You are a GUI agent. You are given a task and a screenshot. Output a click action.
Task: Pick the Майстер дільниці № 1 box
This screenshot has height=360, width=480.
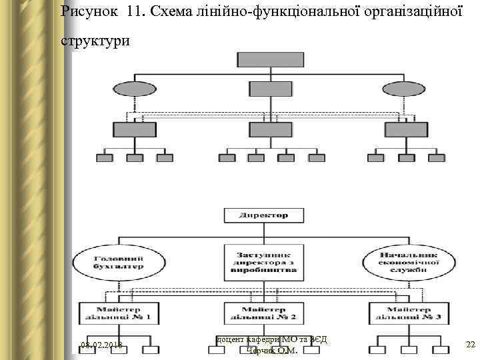click(118, 313)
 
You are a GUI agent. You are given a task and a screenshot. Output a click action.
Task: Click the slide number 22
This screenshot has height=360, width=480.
click(470, 345)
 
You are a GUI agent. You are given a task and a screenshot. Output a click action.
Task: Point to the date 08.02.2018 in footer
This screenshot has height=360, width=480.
click(101, 345)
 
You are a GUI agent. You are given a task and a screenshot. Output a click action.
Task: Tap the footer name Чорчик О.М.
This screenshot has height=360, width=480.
click(271, 351)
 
